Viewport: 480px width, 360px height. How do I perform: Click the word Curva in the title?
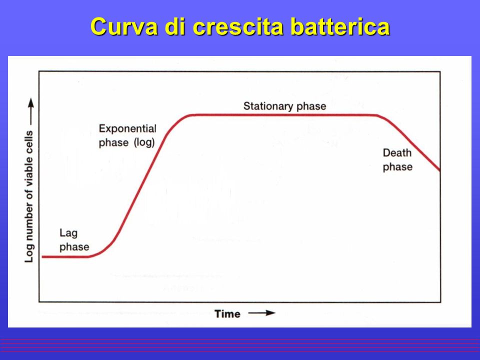point(124,26)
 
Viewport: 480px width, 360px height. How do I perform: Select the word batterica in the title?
point(340,26)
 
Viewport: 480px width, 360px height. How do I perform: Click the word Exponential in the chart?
point(127,128)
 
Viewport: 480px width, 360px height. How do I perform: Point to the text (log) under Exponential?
point(144,142)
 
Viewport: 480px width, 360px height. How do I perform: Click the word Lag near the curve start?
point(68,233)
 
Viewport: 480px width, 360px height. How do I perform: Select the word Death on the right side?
point(397,153)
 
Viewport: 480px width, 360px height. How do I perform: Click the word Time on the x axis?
point(227,314)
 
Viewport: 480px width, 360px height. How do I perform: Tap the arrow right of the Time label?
point(261,313)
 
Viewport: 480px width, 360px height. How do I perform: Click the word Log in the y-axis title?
point(29,253)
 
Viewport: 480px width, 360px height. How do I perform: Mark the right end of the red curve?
point(440,170)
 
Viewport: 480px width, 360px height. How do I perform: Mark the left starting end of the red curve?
point(42,257)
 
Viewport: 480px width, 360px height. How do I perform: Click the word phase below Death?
point(397,167)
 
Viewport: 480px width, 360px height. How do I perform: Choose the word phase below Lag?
point(74,247)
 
